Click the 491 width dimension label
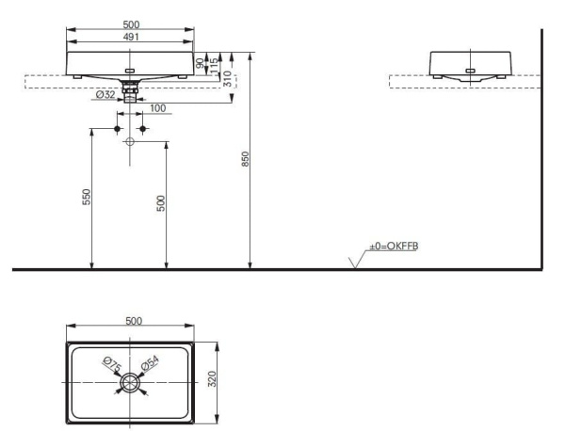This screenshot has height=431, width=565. coord(131,37)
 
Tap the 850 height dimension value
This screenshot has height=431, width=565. coord(245,159)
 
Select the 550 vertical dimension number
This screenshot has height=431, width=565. coord(87,197)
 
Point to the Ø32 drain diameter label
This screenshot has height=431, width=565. coord(105,95)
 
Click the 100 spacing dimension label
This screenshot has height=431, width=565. coord(158,108)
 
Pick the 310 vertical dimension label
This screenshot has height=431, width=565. coord(227,78)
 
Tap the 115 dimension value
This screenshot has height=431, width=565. coord(214,66)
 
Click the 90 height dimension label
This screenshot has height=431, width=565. coord(200,63)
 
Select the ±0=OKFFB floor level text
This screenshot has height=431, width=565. coord(394,247)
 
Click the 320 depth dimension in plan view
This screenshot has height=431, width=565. coord(212,378)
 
